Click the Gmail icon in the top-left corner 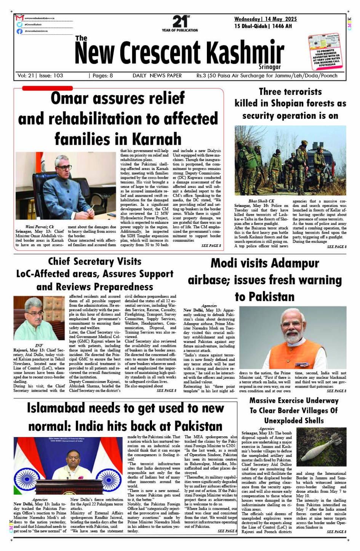point(19,18)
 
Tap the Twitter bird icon point(19,24)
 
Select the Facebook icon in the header point(19,31)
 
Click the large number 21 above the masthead point(179,21)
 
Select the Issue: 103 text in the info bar point(51,75)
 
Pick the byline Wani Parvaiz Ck point(40,227)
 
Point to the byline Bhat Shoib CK point(261,201)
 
